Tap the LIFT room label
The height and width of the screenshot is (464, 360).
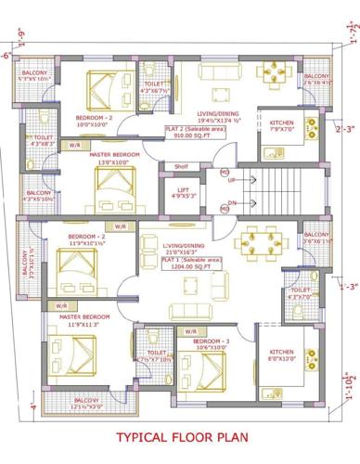(186, 192)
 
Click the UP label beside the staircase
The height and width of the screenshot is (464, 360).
(231, 180)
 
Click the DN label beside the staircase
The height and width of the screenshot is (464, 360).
(231, 204)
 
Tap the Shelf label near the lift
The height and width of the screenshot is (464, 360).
(182, 168)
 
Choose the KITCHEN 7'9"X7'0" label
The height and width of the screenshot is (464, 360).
(282, 126)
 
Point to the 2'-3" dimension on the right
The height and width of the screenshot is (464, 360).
(345, 129)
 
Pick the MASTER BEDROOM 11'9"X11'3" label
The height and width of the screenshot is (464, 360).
(84, 320)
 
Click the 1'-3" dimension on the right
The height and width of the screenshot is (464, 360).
(348, 287)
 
